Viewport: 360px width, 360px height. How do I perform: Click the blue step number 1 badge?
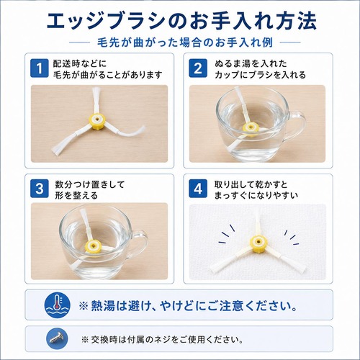click(x=40, y=68)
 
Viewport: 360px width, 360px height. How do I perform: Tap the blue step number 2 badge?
click(x=198, y=68)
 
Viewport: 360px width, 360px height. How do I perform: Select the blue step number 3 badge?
click(x=40, y=189)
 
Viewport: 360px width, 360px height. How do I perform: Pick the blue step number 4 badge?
click(x=198, y=189)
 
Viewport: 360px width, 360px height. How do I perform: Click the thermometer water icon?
click(x=57, y=305)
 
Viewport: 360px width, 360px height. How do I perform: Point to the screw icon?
click(x=57, y=339)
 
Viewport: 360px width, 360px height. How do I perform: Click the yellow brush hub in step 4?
click(x=258, y=243)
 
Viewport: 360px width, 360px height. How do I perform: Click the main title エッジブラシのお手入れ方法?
click(x=181, y=21)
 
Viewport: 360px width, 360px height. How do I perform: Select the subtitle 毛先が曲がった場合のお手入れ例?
click(x=185, y=42)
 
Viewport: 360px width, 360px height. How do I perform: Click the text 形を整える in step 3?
click(x=76, y=196)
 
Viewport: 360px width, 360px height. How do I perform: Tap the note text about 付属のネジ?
click(x=163, y=339)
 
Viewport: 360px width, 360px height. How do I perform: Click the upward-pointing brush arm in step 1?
click(x=96, y=101)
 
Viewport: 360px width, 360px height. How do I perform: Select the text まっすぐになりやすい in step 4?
click(x=256, y=196)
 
